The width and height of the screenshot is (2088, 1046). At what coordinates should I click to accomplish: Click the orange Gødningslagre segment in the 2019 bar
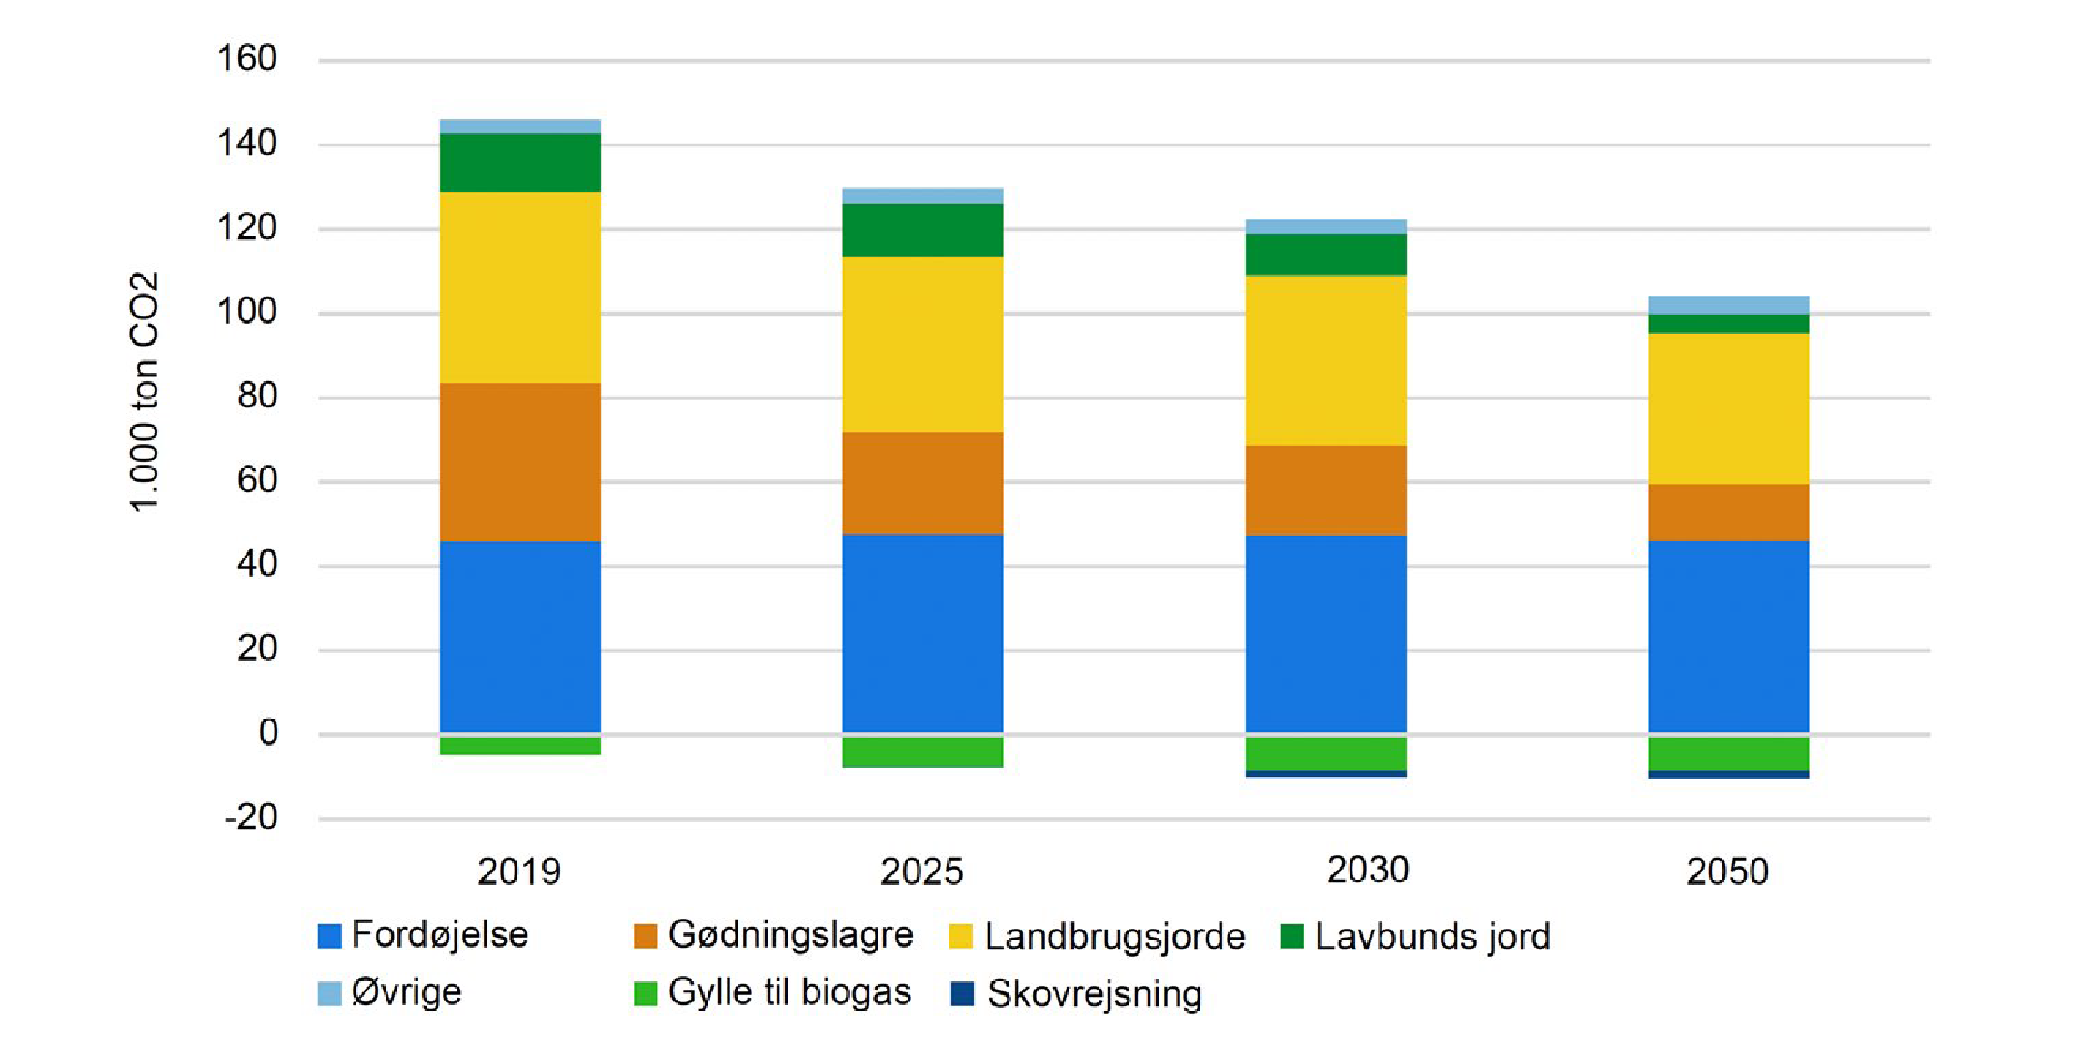[x=520, y=462]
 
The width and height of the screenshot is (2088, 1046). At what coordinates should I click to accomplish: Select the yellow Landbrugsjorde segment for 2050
[x=1728, y=408]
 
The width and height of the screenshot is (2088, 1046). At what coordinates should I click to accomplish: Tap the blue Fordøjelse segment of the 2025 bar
[x=922, y=633]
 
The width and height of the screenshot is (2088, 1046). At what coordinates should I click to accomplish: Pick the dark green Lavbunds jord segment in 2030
[x=1326, y=254]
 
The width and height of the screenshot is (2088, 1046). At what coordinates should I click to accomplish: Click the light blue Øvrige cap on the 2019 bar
[x=520, y=126]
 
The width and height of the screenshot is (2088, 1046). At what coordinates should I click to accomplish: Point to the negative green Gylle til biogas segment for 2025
[x=922, y=752]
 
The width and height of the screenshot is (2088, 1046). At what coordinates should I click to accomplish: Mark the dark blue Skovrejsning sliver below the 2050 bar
[x=1728, y=775]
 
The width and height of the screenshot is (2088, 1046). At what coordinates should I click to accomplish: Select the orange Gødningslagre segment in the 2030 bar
[x=1326, y=490]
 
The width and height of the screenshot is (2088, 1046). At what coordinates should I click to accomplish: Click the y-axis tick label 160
[x=246, y=59]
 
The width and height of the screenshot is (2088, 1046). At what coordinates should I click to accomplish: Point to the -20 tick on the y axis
[x=251, y=818]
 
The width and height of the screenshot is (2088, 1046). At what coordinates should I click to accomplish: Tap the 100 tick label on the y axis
[x=246, y=312]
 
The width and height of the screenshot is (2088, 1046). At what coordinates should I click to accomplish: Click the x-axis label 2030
[x=1367, y=870]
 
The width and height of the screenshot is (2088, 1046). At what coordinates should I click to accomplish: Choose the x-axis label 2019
[x=519, y=872]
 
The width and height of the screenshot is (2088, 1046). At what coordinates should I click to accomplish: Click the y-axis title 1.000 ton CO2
[x=144, y=392]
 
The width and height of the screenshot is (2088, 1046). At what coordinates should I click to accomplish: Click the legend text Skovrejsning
[x=1094, y=994]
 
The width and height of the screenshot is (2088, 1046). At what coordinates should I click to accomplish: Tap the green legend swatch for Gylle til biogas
[x=645, y=993]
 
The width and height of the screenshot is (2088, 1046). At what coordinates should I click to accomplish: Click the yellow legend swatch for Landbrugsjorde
[x=960, y=937]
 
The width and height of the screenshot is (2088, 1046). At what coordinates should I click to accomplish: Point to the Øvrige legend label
[x=407, y=992]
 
